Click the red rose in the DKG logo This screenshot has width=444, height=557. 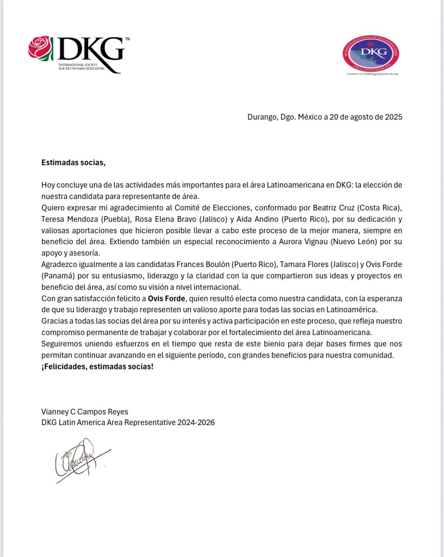[x=41, y=49]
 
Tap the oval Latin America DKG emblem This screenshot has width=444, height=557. [x=370, y=53]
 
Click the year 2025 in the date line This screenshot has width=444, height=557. [x=394, y=117]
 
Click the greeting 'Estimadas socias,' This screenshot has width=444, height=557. [x=73, y=163]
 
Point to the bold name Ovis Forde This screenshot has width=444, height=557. [x=167, y=299]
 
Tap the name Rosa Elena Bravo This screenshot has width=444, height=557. [x=165, y=219]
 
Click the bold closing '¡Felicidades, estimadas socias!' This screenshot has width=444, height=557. [x=98, y=367]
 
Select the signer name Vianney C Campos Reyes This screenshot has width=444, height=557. [x=85, y=412]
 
